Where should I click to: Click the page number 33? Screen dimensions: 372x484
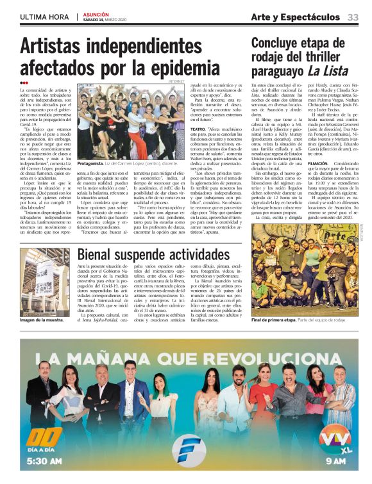(x=353, y=17)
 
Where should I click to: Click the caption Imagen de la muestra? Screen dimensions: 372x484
(x=42, y=319)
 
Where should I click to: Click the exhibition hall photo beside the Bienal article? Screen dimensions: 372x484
(x=45, y=281)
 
